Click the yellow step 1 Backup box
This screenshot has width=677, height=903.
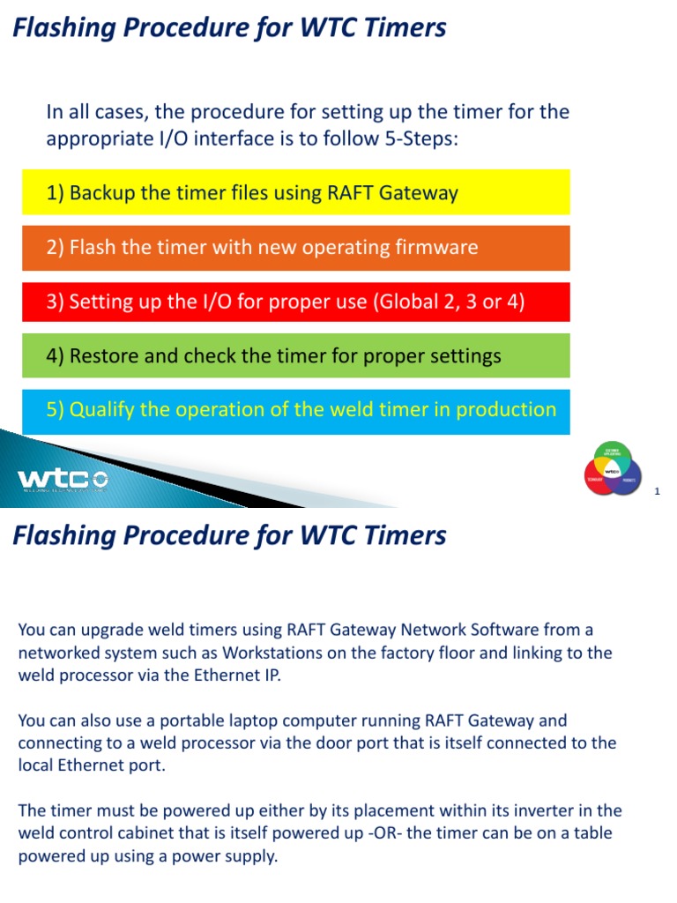(x=295, y=192)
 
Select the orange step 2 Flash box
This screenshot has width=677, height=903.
(x=295, y=248)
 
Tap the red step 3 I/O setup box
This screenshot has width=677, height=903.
(x=295, y=302)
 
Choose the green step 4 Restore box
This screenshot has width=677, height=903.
(x=295, y=356)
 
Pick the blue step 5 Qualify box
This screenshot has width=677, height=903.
(x=295, y=411)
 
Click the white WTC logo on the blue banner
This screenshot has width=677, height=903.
(x=63, y=479)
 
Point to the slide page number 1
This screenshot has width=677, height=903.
(x=657, y=491)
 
